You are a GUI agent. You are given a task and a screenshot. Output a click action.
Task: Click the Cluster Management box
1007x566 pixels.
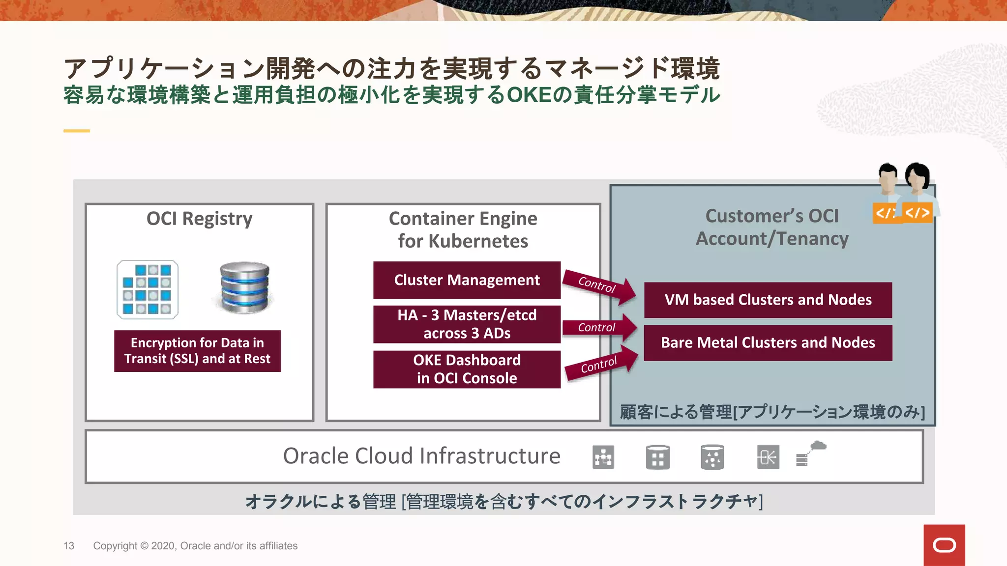click(x=467, y=280)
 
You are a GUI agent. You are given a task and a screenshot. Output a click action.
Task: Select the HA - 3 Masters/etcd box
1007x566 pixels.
click(x=467, y=324)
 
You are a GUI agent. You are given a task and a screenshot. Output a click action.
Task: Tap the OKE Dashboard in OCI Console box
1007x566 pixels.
click(x=467, y=369)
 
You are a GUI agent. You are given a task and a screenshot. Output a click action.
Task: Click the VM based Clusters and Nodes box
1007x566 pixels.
click(x=768, y=300)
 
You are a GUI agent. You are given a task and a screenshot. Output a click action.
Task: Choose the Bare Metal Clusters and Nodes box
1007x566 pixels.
click(x=768, y=342)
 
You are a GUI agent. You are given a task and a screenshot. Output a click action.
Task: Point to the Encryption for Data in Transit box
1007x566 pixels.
click(x=197, y=351)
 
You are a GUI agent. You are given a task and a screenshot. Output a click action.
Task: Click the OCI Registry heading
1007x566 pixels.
click(x=199, y=218)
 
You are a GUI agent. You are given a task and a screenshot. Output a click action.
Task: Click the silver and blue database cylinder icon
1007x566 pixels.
click(x=244, y=288)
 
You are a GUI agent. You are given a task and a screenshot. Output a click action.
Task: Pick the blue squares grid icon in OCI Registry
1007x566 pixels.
click(x=148, y=289)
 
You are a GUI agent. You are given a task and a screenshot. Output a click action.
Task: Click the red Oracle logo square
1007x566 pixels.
click(x=944, y=545)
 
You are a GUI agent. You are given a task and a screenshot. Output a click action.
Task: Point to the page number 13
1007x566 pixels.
click(x=69, y=546)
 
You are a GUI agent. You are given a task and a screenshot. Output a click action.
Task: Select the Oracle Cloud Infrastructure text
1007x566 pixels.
click(x=421, y=456)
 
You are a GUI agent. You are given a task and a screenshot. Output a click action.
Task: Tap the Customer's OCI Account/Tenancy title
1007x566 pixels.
click(x=772, y=227)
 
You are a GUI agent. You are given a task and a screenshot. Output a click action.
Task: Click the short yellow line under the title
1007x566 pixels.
click(x=77, y=131)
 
